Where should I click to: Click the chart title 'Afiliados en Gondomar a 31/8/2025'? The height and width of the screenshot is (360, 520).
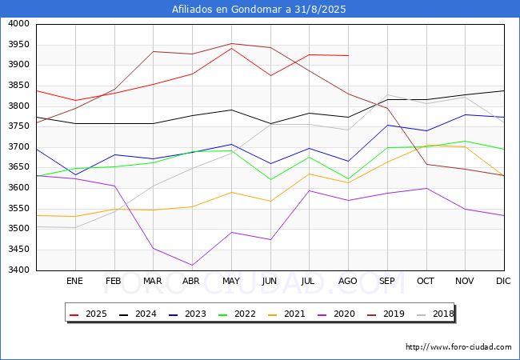point(258,9)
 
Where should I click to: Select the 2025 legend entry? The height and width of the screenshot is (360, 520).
point(88,314)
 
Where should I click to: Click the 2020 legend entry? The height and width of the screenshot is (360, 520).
point(336,314)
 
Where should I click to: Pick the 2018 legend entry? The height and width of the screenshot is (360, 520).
point(435,314)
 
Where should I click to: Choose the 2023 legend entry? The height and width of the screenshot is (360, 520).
point(187,314)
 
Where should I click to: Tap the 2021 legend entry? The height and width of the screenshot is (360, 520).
point(286,314)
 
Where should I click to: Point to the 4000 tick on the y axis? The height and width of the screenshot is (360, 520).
point(18,24)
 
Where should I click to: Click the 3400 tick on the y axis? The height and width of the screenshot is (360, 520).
point(18,270)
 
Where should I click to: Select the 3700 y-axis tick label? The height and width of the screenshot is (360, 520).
point(18,147)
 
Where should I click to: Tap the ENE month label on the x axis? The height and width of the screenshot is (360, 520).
point(74,281)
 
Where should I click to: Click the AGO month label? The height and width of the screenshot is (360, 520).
point(347,281)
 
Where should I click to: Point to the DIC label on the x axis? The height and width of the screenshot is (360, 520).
point(503,281)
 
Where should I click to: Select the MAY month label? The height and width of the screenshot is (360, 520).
point(231,281)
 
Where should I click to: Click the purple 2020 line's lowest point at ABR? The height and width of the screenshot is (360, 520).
point(192,265)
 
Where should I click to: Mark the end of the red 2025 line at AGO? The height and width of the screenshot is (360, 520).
point(349,56)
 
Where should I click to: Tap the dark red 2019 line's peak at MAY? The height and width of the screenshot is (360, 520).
point(231,43)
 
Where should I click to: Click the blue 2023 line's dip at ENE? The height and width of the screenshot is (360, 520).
point(76,174)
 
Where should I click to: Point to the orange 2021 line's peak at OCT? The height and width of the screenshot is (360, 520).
point(426,145)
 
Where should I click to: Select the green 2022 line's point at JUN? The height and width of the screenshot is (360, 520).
point(270,180)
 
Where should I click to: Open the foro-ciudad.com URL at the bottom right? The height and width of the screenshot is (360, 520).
point(458,347)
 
